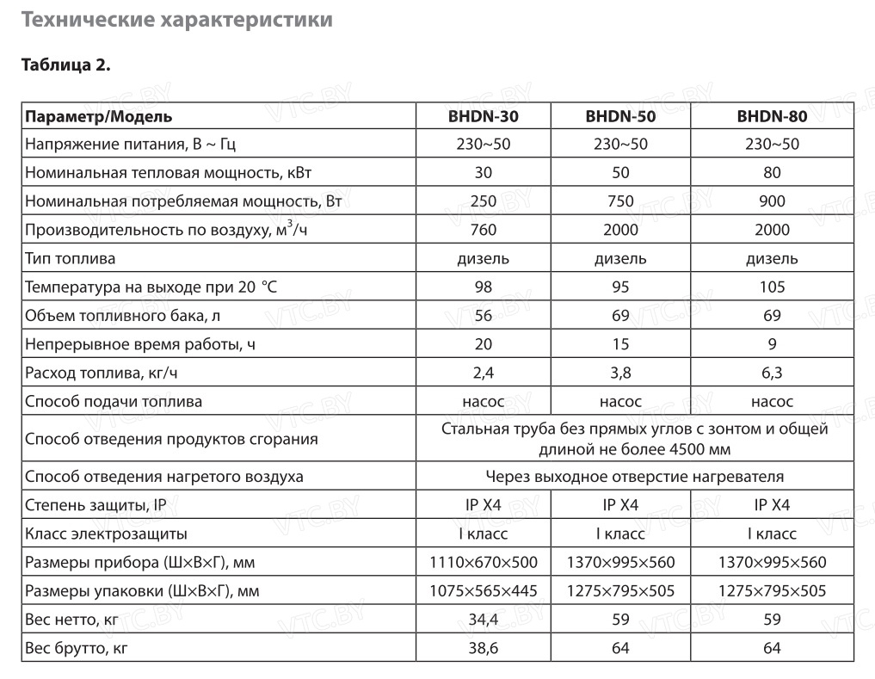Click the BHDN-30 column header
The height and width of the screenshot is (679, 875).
483,116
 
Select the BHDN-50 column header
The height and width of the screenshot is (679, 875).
621,116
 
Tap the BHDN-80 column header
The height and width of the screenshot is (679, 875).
772,116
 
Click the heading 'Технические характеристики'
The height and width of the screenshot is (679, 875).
176,20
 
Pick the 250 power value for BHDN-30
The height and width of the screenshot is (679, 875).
483,201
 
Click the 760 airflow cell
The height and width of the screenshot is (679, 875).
483,230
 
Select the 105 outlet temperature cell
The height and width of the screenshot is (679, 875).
772,287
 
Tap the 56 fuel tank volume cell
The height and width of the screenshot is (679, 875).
483,316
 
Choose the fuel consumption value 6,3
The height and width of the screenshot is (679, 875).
772,373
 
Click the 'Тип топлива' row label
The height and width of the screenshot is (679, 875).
71,258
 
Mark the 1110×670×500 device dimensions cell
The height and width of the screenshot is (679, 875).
483,563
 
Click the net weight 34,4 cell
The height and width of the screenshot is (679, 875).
483,620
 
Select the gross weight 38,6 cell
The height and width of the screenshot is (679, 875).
483,648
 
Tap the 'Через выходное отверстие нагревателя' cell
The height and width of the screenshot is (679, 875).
634,476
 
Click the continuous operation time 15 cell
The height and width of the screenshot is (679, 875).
621,344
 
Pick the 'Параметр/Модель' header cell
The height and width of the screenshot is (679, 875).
99,116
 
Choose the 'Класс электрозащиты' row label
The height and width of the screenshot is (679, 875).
106,534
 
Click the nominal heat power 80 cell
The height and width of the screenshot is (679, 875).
772,173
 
